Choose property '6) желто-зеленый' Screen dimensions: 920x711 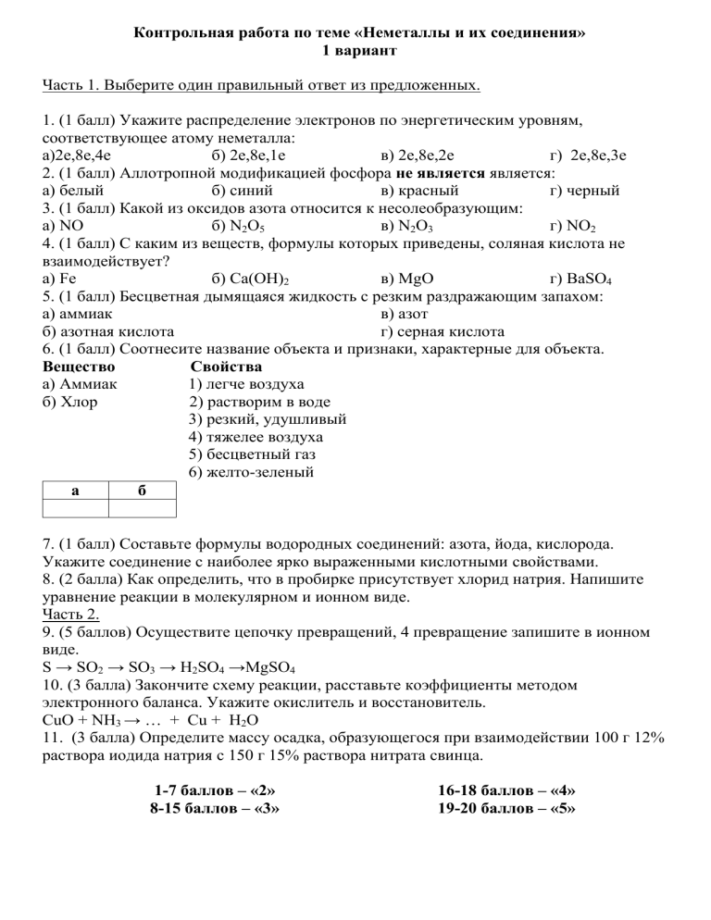pyautogui.click(x=250, y=471)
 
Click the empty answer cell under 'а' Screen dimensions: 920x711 pyautogui.click(x=75, y=507)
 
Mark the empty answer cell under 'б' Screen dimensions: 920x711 pyautogui.click(x=142, y=507)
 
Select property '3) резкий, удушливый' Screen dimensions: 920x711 pyautogui.click(x=267, y=418)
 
